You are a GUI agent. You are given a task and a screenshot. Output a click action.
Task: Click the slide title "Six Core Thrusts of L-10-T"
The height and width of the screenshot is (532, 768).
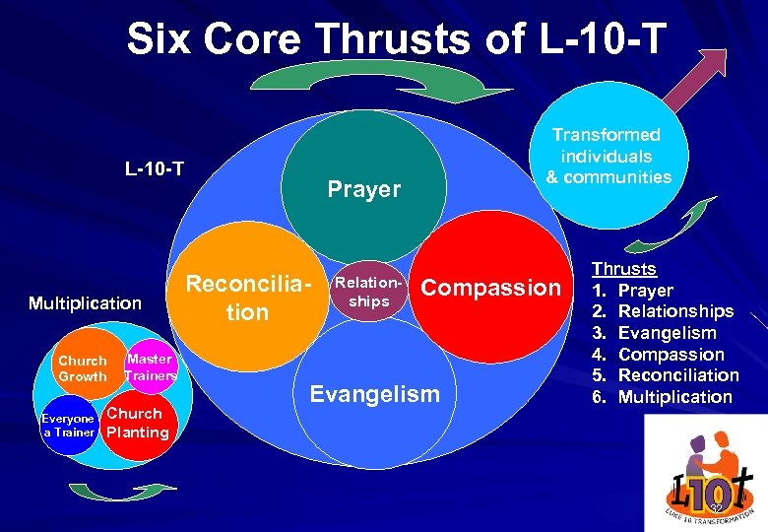[395, 41]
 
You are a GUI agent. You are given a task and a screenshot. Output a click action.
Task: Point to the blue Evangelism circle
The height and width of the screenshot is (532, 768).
[374, 404]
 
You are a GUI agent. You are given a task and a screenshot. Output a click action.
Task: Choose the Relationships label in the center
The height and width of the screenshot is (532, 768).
[369, 292]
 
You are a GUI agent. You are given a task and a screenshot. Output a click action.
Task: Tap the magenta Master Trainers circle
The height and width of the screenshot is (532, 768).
[150, 367]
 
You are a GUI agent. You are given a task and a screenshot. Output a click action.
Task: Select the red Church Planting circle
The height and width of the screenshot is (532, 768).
[137, 424]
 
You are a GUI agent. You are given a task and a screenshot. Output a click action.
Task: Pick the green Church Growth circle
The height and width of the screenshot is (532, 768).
[83, 368]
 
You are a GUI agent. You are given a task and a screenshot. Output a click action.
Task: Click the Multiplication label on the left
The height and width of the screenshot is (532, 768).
[85, 302]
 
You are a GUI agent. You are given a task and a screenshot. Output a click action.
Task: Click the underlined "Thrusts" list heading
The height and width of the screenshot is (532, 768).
[623, 268]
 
